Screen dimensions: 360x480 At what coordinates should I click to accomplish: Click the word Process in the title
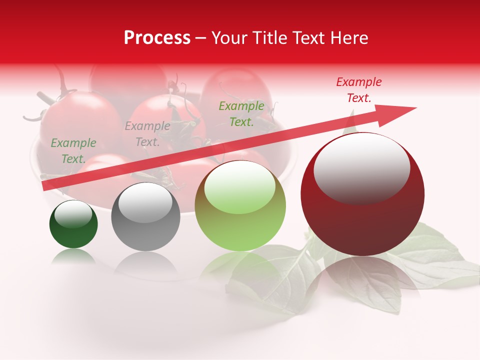tap(157, 38)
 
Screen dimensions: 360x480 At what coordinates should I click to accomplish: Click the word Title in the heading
tap(268, 38)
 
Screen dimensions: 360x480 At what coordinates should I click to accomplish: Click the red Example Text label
tap(359, 90)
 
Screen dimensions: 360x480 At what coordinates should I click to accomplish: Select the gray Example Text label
tap(147, 134)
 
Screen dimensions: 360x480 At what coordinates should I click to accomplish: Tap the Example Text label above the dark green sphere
tap(73, 150)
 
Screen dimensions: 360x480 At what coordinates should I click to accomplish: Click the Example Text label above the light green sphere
tap(241, 113)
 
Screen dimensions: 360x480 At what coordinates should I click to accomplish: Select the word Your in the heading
tap(228, 38)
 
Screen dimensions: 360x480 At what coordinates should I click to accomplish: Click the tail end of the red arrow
tap(47, 186)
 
